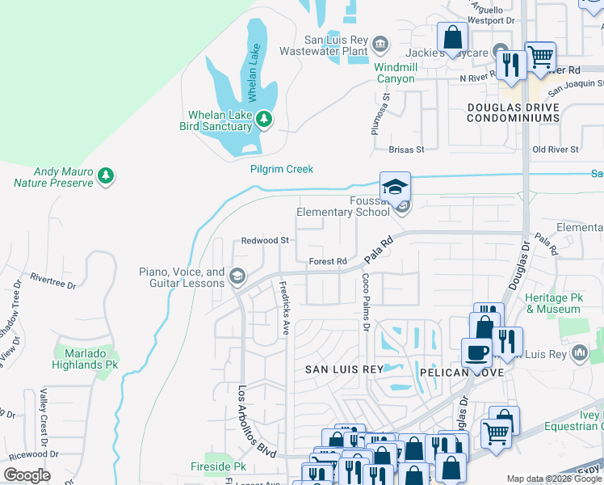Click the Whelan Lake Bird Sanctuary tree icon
[x=263, y=120]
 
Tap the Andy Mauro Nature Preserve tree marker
[x=105, y=175]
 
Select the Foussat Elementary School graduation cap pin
[x=396, y=188]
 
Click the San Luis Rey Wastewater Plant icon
[x=381, y=42]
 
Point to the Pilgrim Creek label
[x=281, y=169]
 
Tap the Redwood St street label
[x=265, y=241]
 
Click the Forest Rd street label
[x=328, y=261]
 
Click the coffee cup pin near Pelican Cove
[x=476, y=352]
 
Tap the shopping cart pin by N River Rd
[x=539, y=57]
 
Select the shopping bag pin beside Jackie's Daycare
[x=452, y=37]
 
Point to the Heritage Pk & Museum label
[x=553, y=303]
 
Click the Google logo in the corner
[x=27, y=475]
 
